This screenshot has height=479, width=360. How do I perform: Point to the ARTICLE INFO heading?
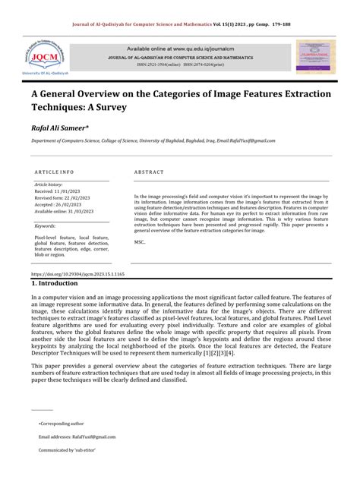54,172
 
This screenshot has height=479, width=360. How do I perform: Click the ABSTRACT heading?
149,172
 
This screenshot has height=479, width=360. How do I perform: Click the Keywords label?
46,225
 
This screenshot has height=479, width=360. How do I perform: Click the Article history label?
49,184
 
